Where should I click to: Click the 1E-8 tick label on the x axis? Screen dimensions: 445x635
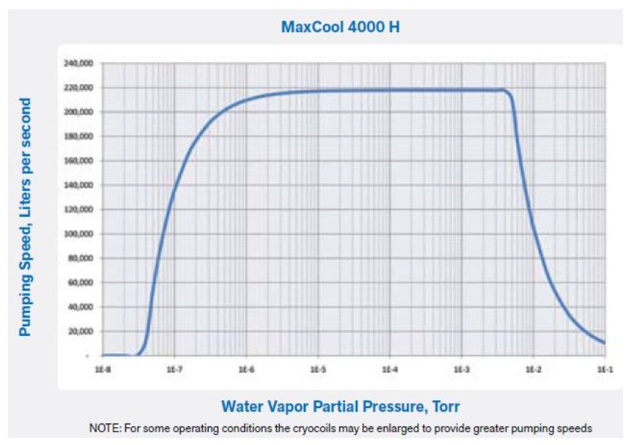(102, 370)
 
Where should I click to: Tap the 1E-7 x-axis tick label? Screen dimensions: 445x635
(174, 370)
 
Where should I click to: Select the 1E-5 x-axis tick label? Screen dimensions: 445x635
(317, 370)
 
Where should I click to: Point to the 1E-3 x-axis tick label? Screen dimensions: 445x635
(461, 370)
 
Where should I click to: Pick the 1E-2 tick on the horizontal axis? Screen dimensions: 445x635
(533, 370)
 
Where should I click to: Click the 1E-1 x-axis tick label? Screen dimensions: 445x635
(604, 370)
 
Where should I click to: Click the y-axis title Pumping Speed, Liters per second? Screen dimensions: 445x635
(26, 217)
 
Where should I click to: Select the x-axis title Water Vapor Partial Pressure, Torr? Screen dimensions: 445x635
(340, 407)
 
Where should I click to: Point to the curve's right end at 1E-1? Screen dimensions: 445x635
(604, 342)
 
